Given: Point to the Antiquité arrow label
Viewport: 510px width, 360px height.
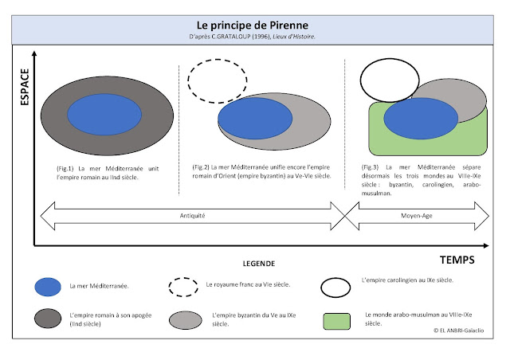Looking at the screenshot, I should coord(189,215).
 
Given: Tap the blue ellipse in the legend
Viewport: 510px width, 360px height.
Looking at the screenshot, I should coord(48,287).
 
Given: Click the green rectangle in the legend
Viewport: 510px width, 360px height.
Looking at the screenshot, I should coord(339,321).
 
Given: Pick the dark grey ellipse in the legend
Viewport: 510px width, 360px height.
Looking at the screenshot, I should coord(48,320).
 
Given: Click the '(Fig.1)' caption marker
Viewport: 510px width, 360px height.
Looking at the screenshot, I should coord(65,169).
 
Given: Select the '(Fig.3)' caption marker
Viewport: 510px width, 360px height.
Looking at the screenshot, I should coord(373,166).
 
